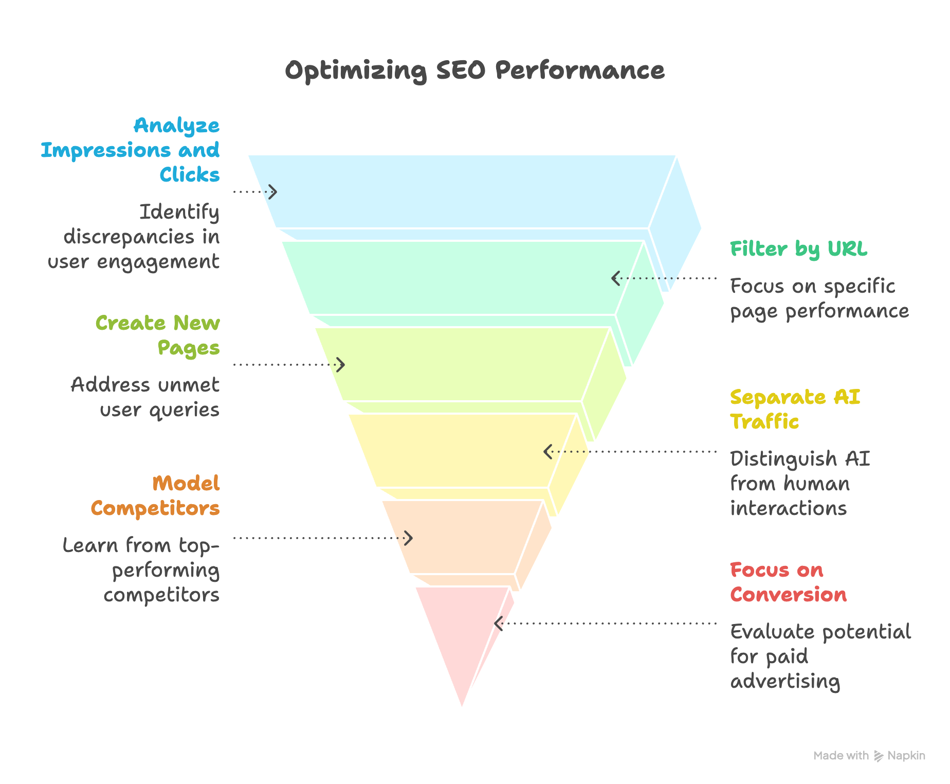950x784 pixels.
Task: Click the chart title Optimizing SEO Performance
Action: tap(474, 70)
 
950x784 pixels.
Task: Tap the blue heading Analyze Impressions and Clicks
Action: tap(131, 150)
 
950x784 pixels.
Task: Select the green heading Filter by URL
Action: tap(798, 249)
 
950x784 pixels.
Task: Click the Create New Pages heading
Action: tap(158, 335)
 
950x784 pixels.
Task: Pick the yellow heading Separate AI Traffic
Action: tap(795, 409)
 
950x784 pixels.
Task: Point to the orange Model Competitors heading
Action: tap(155, 496)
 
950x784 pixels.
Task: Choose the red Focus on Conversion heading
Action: tap(788, 582)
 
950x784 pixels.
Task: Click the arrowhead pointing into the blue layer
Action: tap(273, 192)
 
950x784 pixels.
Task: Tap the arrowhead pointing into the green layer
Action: tap(615, 278)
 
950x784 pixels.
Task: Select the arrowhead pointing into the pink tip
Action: tap(498, 623)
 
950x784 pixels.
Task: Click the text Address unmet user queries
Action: tap(145, 397)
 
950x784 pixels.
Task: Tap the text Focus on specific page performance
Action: tap(819, 298)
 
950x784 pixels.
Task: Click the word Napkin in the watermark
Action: tap(906, 756)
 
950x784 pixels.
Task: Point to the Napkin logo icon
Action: tap(879, 756)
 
